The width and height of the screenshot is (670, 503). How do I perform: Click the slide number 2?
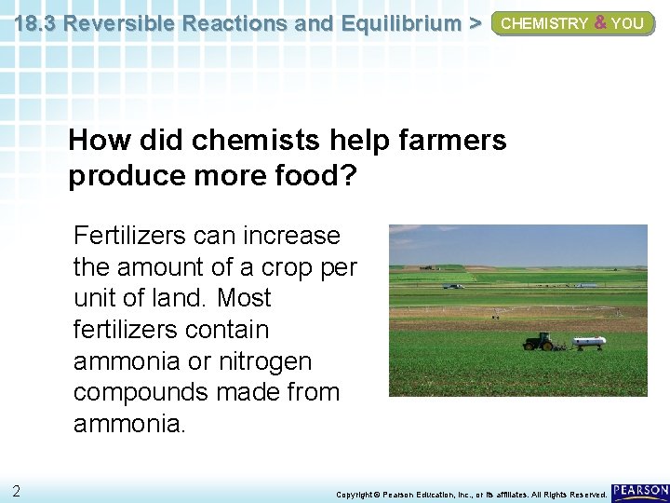point(17,491)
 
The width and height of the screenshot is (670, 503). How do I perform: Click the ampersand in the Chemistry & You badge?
point(600,23)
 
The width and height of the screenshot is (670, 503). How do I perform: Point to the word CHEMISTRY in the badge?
point(544,24)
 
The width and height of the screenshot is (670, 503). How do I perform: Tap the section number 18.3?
point(34,23)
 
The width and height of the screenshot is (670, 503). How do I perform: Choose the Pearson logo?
point(640,491)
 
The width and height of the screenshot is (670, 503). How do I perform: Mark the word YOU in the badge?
point(627,24)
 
